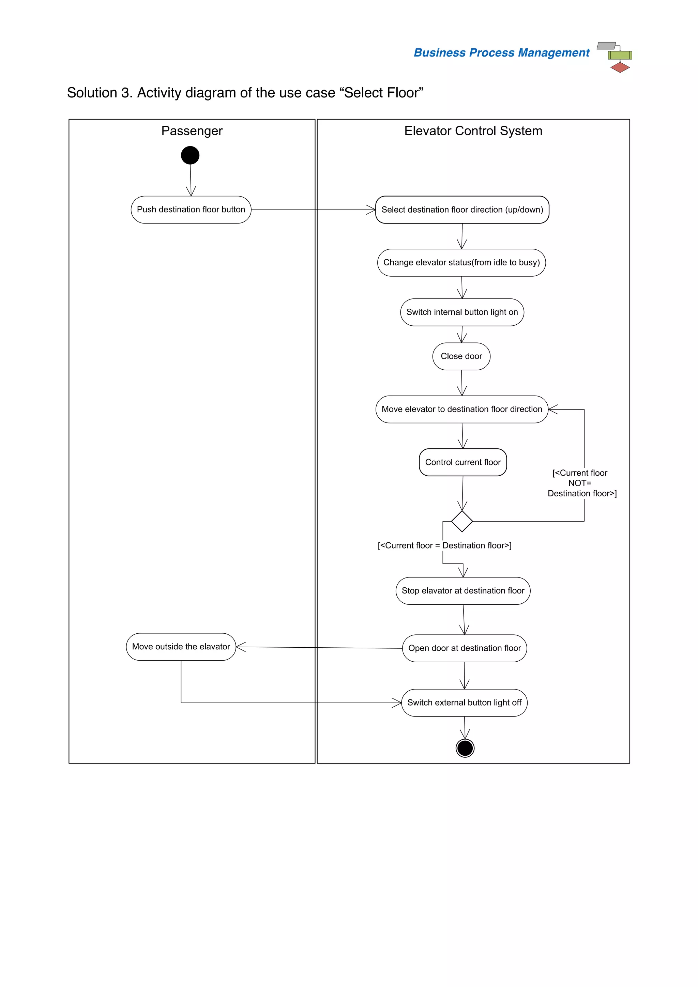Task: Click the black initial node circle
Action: click(190, 155)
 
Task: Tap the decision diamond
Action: click(462, 522)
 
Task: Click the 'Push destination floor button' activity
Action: click(191, 210)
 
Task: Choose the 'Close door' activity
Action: click(461, 356)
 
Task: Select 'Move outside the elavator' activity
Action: click(181, 647)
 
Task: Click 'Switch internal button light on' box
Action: click(462, 312)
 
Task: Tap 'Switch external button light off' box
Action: click(464, 703)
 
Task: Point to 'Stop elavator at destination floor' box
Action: click(463, 591)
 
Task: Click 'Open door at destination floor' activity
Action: click(465, 648)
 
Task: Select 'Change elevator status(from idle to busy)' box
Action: click(461, 263)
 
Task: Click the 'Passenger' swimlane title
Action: click(192, 131)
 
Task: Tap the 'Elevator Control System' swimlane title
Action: click(473, 131)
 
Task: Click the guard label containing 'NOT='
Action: click(581, 483)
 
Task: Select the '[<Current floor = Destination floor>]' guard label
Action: click(444, 545)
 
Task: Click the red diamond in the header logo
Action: click(620, 67)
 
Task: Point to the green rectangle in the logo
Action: click(620, 55)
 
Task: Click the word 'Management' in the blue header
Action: click(553, 52)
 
